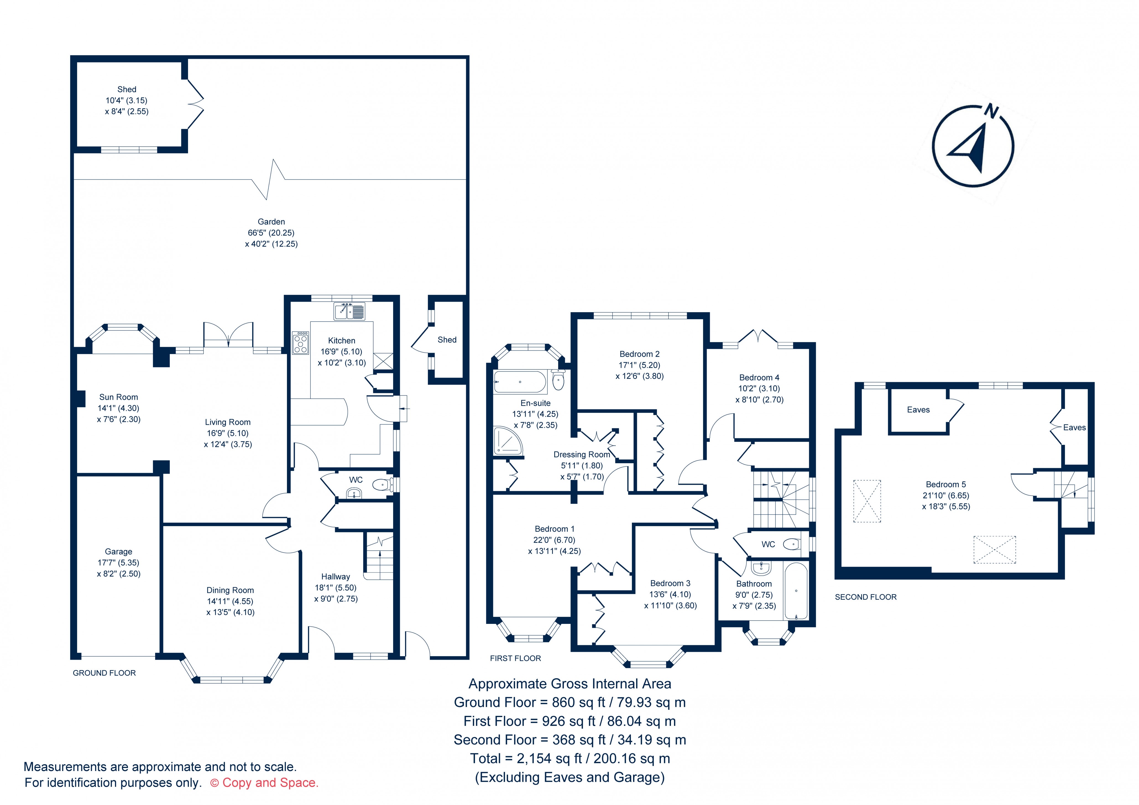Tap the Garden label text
[271, 222]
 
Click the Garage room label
[119, 551]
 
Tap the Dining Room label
[230, 590]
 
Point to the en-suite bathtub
[520, 382]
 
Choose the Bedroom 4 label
[759, 378]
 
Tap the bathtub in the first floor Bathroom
[796, 591]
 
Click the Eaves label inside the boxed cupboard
[918, 410]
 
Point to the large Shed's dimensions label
[127, 106]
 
